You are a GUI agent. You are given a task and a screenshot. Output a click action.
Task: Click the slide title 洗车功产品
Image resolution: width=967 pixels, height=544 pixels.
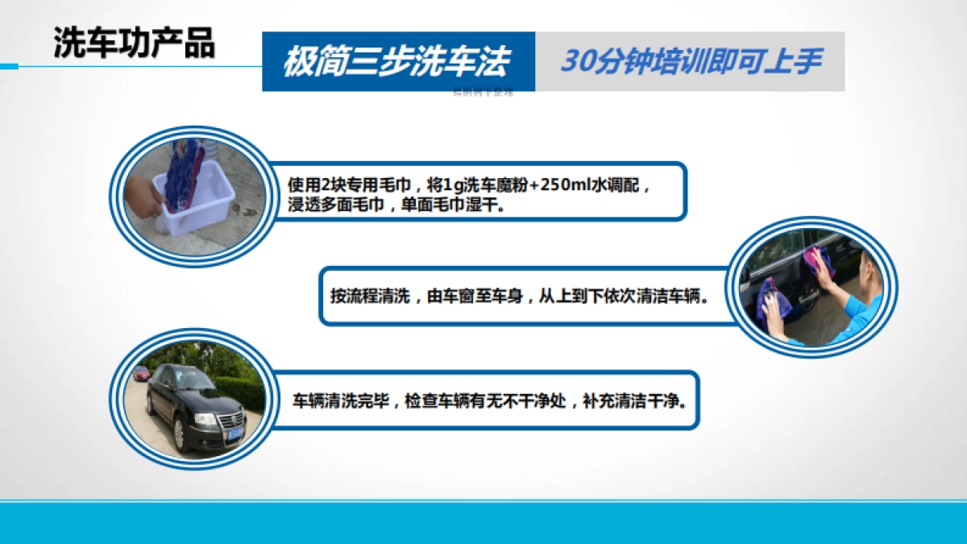pyautogui.click(x=134, y=44)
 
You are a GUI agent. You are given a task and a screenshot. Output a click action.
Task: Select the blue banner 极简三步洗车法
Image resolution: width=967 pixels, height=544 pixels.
pyautogui.click(x=398, y=62)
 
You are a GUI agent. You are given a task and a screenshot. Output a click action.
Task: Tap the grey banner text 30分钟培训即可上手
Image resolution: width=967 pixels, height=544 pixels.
pyautogui.click(x=691, y=62)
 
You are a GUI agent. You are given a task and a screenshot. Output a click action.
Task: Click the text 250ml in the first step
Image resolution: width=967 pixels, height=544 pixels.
pyautogui.click(x=567, y=185)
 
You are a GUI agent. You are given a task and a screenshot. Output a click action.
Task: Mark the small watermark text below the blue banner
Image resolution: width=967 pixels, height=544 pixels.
pyautogui.click(x=483, y=92)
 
